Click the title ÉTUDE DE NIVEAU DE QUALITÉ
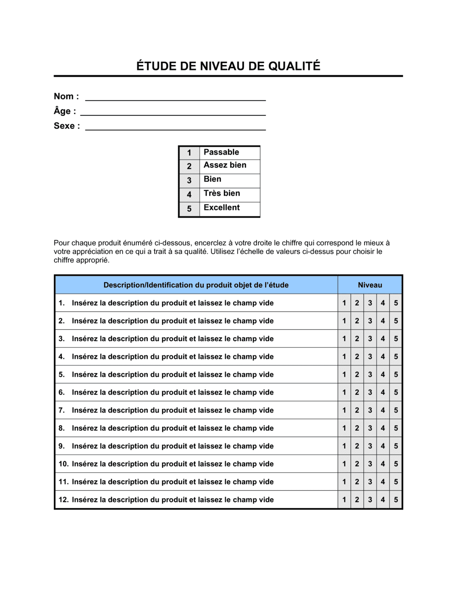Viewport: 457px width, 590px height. click(x=228, y=66)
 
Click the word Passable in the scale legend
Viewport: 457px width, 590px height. click(x=221, y=152)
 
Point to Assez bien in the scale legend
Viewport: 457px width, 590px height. click(x=225, y=165)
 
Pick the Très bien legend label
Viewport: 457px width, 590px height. click(x=222, y=193)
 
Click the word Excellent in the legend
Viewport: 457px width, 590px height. click(x=222, y=208)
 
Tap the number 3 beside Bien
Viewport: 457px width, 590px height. click(x=189, y=181)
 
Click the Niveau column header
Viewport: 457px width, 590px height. click(x=370, y=285)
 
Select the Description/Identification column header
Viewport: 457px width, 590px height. click(x=196, y=285)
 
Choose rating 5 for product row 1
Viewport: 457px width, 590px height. click(x=396, y=303)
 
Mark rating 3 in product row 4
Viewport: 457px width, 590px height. click(x=370, y=357)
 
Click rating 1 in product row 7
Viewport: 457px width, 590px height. click(x=344, y=410)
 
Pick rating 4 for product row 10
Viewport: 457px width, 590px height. click(x=383, y=464)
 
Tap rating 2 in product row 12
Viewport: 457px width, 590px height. click(x=357, y=500)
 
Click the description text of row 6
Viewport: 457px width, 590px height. click(x=173, y=392)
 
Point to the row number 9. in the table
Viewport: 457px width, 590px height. click(x=62, y=446)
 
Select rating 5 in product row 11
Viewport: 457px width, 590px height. click(x=396, y=482)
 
